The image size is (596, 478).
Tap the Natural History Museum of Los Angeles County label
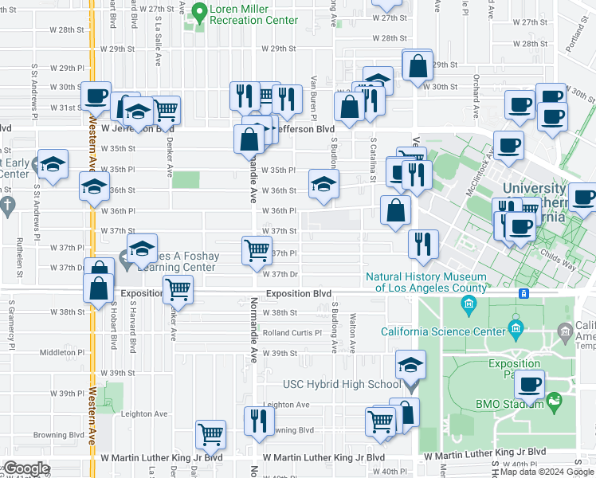426,283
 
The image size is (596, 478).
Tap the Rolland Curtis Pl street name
292,333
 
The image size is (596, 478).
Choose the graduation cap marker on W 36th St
322,184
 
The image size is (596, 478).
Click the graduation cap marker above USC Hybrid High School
410,365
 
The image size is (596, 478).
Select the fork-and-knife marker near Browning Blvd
258,419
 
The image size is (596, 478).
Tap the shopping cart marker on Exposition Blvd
178,289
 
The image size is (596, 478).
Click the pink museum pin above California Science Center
466,304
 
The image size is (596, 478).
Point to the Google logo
26,469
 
